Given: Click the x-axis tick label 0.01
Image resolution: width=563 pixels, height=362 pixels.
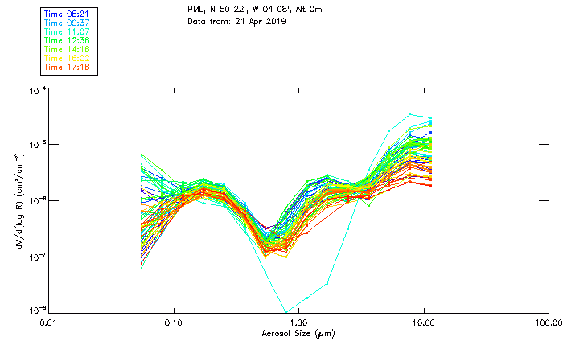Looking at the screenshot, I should pos(48,322).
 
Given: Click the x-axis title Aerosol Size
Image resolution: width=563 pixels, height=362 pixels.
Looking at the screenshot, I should pos(298,333).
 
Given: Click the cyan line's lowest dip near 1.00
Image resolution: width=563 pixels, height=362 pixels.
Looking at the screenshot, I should pos(286,311).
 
